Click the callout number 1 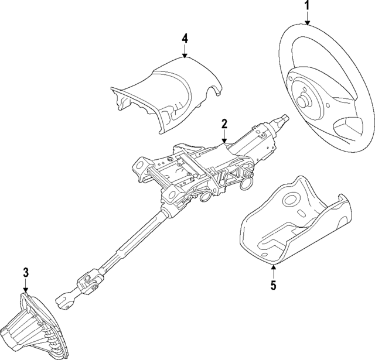pos(307,5)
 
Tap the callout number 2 pos(224,124)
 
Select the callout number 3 pos(26,272)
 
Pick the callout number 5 pos(274,285)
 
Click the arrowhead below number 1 pos(307,22)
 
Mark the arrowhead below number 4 pos(185,56)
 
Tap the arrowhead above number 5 pos(274,266)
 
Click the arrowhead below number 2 pos(224,141)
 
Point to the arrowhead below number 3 pos(26,290)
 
